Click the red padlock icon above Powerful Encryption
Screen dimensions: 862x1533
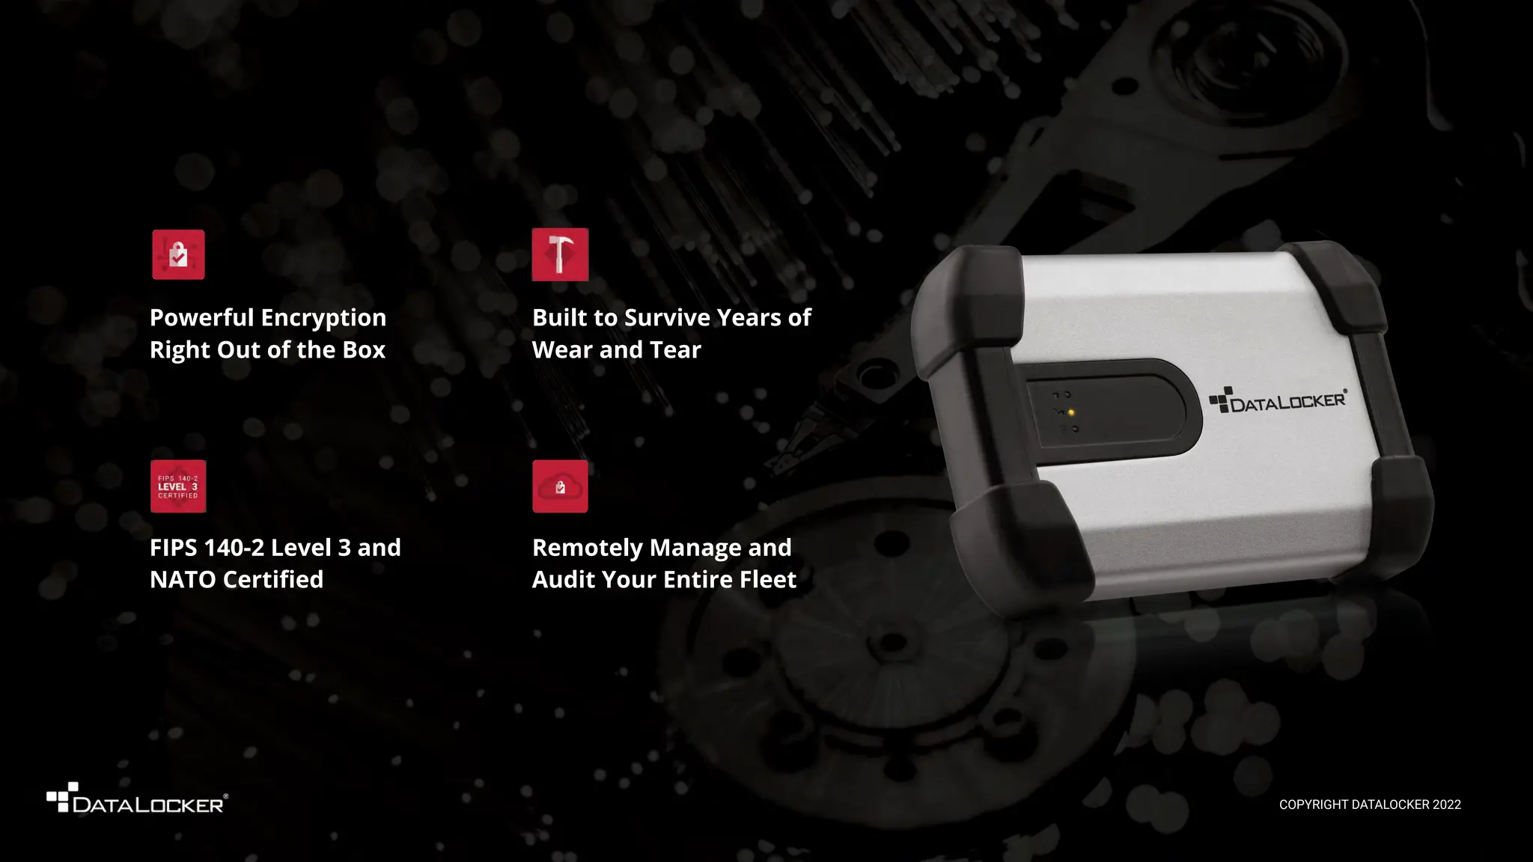(178, 254)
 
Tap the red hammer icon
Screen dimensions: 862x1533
(560, 254)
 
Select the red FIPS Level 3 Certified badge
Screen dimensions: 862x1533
(178, 486)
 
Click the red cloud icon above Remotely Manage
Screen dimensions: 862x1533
(560, 486)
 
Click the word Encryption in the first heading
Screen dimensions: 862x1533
(323, 318)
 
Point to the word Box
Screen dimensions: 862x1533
(364, 349)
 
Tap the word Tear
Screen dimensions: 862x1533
(675, 349)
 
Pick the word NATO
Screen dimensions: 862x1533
(183, 580)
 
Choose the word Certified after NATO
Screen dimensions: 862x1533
(273, 580)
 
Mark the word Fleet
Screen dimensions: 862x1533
(767, 580)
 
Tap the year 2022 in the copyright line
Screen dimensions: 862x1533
(1446, 804)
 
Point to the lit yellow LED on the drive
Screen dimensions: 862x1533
(1071, 412)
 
